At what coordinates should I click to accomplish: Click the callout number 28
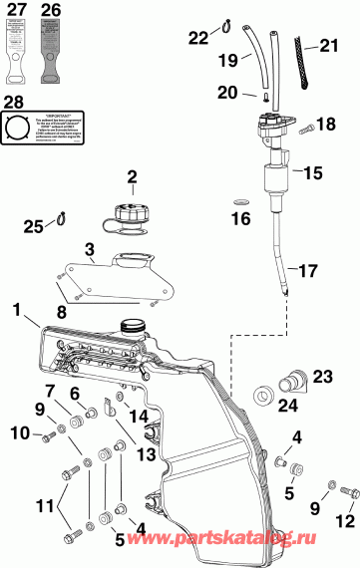[x=13, y=102]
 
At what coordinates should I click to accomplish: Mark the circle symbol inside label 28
[x=20, y=129]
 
